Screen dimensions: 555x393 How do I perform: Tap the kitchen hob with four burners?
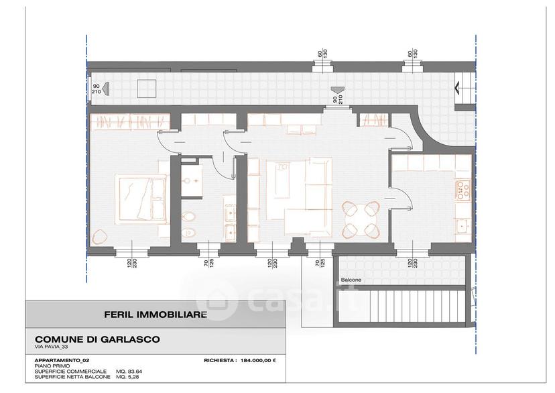463,190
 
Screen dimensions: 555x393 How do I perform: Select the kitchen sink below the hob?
463,226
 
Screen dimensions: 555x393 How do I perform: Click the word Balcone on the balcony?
351,280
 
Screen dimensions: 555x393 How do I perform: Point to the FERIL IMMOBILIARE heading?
156,315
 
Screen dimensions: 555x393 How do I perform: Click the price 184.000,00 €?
258,360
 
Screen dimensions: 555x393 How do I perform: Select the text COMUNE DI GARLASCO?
97,339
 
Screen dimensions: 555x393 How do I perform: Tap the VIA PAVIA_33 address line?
51,347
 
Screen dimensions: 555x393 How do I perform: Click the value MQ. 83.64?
129,372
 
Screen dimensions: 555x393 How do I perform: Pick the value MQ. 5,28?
127,377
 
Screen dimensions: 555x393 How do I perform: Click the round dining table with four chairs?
361,219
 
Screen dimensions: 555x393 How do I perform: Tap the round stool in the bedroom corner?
99,236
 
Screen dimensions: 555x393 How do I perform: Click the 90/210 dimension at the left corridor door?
97,89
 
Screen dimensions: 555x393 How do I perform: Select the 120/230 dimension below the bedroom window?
132,263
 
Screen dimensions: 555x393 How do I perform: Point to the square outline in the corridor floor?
147,89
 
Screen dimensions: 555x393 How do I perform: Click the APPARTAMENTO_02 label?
62,360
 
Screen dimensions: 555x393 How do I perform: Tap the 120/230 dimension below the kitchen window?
412,263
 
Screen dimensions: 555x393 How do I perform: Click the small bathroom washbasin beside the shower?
192,180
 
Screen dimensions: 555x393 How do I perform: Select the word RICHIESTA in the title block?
220,360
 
